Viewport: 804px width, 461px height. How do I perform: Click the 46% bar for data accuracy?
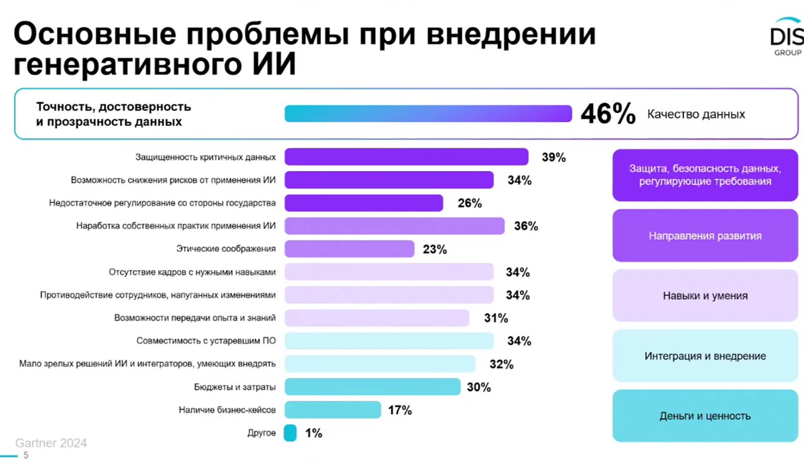(427, 114)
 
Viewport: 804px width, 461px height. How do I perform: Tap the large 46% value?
(608, 115)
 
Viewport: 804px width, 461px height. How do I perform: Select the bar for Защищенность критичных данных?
(407, 157)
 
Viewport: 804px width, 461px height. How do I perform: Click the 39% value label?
(554, 157)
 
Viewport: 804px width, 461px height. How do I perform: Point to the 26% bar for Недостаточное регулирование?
(364, 203)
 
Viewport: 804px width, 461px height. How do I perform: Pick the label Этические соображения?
(226, 249)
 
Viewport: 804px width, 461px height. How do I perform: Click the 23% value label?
(435, 249)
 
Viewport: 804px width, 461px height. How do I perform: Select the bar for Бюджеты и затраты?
(373, 387)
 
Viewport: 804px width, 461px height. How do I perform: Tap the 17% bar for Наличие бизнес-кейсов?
(333, 409)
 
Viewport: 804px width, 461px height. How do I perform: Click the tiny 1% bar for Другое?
(290, 433)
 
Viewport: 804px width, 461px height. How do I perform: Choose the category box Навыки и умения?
(705, 295)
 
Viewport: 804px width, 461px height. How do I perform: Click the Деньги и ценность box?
(705, 416)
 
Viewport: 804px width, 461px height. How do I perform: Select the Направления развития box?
(705, 236)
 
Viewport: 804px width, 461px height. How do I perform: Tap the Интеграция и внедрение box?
(705, 356)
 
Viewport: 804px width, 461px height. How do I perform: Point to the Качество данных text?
(695, 115)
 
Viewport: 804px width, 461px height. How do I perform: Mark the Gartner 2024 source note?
(51, 444)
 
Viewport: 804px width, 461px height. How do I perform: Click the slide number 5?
(26, 456)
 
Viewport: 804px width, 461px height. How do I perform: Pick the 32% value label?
(501, 365)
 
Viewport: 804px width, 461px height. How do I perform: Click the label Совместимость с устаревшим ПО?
(206, 340)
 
